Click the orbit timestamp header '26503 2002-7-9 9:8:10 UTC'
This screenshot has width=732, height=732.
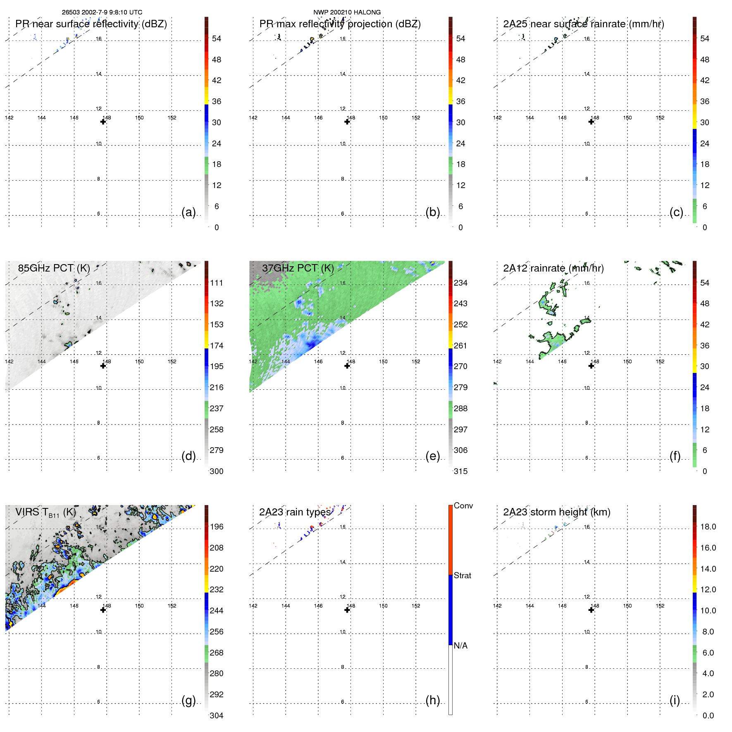[x=102, y=12]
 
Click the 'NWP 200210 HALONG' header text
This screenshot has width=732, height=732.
[x=347, y=12]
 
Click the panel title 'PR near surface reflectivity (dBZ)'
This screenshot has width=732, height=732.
[x=91, y=24]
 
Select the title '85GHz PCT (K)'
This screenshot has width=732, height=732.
[x=54, y=268]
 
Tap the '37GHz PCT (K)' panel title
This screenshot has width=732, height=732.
[x=298, y=268]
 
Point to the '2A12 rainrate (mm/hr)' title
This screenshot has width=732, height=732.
[x=553, y=268]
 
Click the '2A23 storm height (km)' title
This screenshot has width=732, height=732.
[x=556, y=512]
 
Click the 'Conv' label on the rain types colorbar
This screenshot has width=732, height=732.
[x=463, y=505]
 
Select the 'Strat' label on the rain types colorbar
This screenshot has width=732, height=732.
[x=462, y=575]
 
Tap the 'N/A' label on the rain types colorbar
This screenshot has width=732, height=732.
[x=460, y=646]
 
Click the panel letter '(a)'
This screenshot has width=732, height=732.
[x=188, y=212]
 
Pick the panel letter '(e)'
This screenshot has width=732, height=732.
[x=432, y=456]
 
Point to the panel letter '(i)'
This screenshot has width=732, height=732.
[x=675, y=700]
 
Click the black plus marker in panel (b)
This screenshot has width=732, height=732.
[x=347, y=122]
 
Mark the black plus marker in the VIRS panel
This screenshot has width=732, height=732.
[x=103, y=610]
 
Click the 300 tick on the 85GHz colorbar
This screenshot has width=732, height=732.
[x=216, y=471]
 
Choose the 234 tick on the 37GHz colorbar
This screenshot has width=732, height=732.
[x=460, y=283]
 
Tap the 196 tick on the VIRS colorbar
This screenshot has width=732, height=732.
[x=216, y=527]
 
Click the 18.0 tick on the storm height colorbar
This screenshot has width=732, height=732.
[x=708, y=527]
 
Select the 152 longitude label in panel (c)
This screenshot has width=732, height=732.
[x=660, y=118]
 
